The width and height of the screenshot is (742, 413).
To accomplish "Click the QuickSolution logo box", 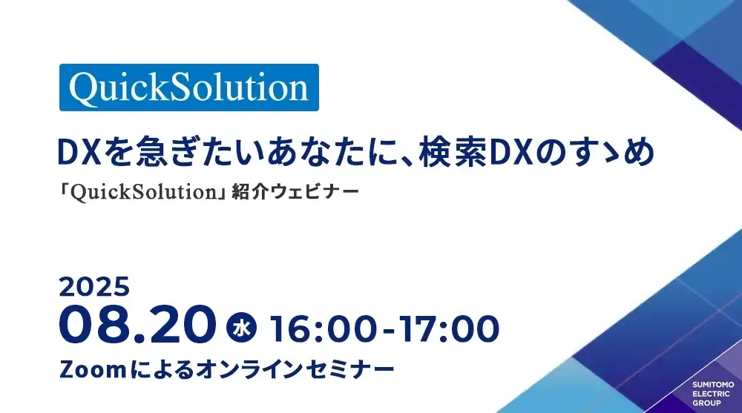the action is [x=188, y=87].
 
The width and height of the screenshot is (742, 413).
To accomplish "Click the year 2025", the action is [x=94, y=287].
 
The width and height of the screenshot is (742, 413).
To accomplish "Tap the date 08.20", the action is [x=138, y=325].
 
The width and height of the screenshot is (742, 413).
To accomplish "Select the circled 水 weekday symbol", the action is [x=241, y=328].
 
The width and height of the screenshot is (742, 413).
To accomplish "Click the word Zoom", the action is [x=93, y=369].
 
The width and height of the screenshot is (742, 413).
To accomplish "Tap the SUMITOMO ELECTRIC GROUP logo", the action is [x=713, y=394].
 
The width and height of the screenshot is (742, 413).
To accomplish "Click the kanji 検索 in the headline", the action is [x=453, y=152].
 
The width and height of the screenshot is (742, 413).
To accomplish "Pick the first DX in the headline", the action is [x=79, y=152].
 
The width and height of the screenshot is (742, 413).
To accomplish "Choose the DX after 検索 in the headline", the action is [x=511, y=152].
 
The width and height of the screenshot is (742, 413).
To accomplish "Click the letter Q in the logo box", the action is [x=85, y=88].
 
